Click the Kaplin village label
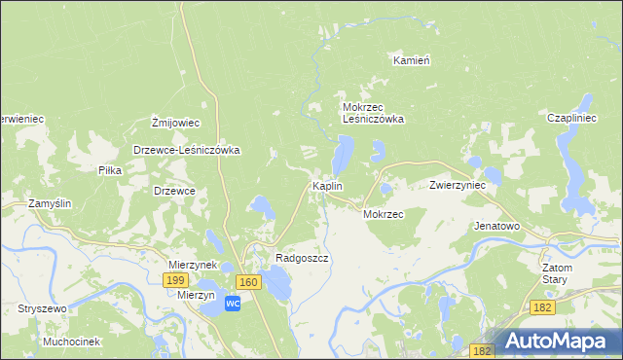[x=325, y=186]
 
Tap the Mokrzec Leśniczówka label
[x=373, y=113]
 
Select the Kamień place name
[x=411, y=60]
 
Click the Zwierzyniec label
[x=458, y=185]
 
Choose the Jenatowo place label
[x=496, y=226]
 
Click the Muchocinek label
[x=71, y=342]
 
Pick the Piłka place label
[x=109, y=170]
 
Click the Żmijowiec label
[x=175, y=123]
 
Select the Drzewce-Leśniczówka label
[x=186, y=151]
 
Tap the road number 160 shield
[x=248, y=282]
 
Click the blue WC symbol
[x=233, y=304]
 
